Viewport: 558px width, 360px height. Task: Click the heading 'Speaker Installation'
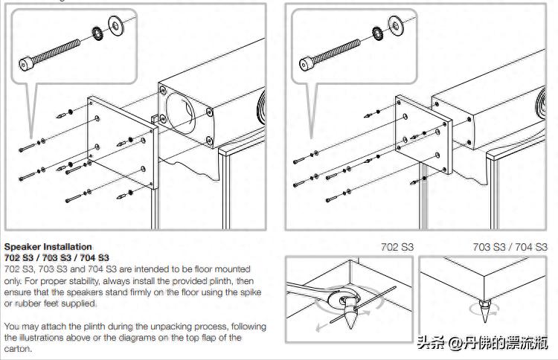click(48, 246)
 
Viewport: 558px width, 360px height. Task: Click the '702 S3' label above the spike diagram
click(397, 247)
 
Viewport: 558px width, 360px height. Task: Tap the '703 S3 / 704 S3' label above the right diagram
click(510, 247)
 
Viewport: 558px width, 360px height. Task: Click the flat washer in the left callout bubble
click(117, 24)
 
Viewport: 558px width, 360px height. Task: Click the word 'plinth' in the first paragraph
click(217, 280)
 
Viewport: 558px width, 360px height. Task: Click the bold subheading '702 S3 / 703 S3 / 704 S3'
click(57, 257)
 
